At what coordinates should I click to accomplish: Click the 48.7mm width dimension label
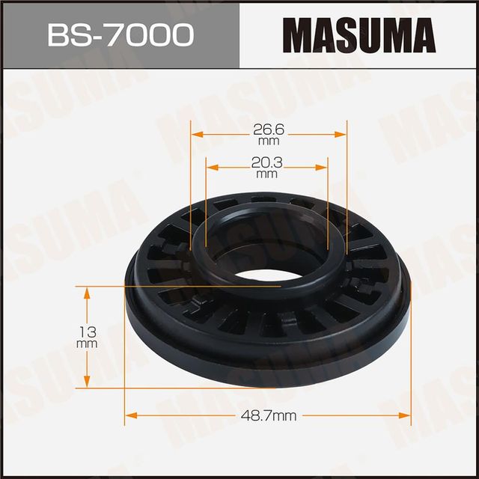click(x=268, y=415)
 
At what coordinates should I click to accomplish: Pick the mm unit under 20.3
click(x=267, y=174)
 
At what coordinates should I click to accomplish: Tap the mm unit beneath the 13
click(x=88, y=344)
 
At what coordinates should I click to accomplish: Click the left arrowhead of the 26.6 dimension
click(x=196, y=135)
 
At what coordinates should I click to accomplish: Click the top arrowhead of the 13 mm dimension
click(x=88, y=290)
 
